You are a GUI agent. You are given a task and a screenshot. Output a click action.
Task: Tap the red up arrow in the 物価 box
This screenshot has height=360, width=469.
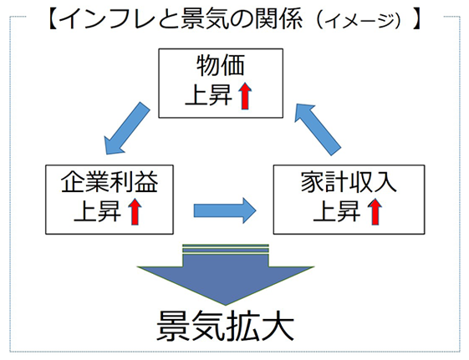(244, 97)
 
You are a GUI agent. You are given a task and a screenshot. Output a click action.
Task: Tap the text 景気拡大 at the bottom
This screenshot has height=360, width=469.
(227, 327)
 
